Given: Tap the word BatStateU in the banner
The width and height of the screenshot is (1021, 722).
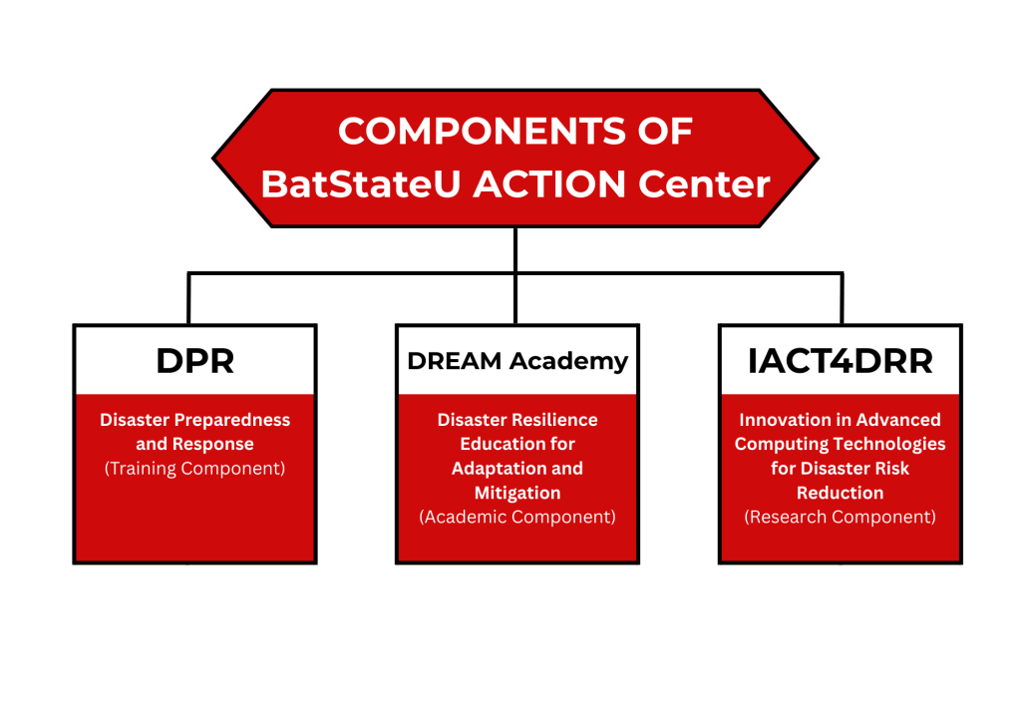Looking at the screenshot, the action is pyautogui.click(x=361, y=184).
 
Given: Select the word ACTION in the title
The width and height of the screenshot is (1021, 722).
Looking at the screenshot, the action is pyautogui.click(x=549, y=184).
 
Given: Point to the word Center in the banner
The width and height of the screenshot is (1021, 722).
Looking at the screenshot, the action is pyautogui.click(x=704, y=184).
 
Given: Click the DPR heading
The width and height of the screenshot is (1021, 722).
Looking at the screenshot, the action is pyautogui.click(x=194, y=361).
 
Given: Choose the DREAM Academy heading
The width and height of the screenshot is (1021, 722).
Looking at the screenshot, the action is pyautogui.click(x=517, y=361).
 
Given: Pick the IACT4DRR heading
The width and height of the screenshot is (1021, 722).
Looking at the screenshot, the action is pyautogui.click(x=840, y=361).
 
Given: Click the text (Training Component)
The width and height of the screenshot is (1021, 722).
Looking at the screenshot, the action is pyautogui.click(x=194, y=469).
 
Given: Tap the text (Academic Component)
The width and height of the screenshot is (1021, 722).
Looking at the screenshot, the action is pyautogui.click(x=517, y=517).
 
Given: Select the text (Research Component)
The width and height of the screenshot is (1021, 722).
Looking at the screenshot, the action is pyautogui.click(x=840, y=517).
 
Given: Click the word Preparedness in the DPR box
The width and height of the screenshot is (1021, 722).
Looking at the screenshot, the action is pyautogui.click(x=232, y=420).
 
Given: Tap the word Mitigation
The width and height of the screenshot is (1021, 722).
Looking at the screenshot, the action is pyautogui.click(x=517, y=494).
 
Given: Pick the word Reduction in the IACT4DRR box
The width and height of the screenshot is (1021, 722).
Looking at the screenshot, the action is pyautogui.click(x=840, y=493).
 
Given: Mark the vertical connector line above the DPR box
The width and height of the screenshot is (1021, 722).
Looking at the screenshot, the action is pyautogui.click(x=188, y=298).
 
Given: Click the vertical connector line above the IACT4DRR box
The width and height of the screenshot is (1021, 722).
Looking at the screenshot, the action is pyautogui.click(x=842, y=298).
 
